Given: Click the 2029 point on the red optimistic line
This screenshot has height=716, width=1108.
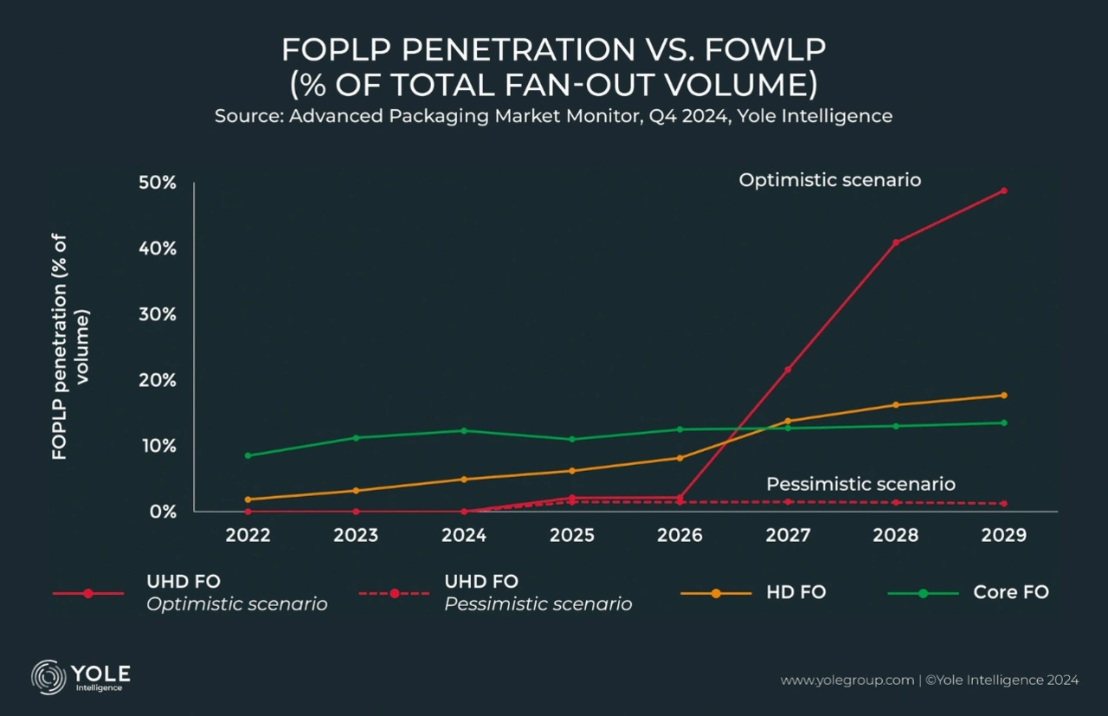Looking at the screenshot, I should [1004, 190].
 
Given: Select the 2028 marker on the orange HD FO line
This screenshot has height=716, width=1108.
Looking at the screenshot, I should [896, 404].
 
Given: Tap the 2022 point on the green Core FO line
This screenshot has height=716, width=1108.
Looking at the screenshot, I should [248, 455].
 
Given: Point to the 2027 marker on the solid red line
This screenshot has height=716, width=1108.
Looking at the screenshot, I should [788, 370].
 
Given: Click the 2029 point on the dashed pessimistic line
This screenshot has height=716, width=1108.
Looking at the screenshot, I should [1004, 503].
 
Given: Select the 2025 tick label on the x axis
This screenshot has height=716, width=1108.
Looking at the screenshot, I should [572, 535].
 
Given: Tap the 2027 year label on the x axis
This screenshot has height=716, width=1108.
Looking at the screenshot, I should [788, 535].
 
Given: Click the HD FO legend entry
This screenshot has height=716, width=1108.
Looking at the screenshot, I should [796, 593].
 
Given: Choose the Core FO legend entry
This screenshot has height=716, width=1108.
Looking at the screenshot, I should [1010, 593].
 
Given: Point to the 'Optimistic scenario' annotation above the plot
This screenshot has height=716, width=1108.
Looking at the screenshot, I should [829, 180].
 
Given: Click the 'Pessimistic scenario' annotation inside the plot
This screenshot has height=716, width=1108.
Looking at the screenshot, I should [860, 484].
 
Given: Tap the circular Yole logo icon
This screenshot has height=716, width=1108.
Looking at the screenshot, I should [48, 677].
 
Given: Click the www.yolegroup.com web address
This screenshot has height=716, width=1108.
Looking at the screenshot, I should [847, 681].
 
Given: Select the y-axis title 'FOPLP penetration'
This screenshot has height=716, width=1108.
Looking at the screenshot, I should [71, 345].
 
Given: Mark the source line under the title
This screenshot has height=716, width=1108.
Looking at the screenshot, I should [553, 115].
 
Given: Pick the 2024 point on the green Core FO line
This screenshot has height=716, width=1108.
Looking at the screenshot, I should [464, 430].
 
